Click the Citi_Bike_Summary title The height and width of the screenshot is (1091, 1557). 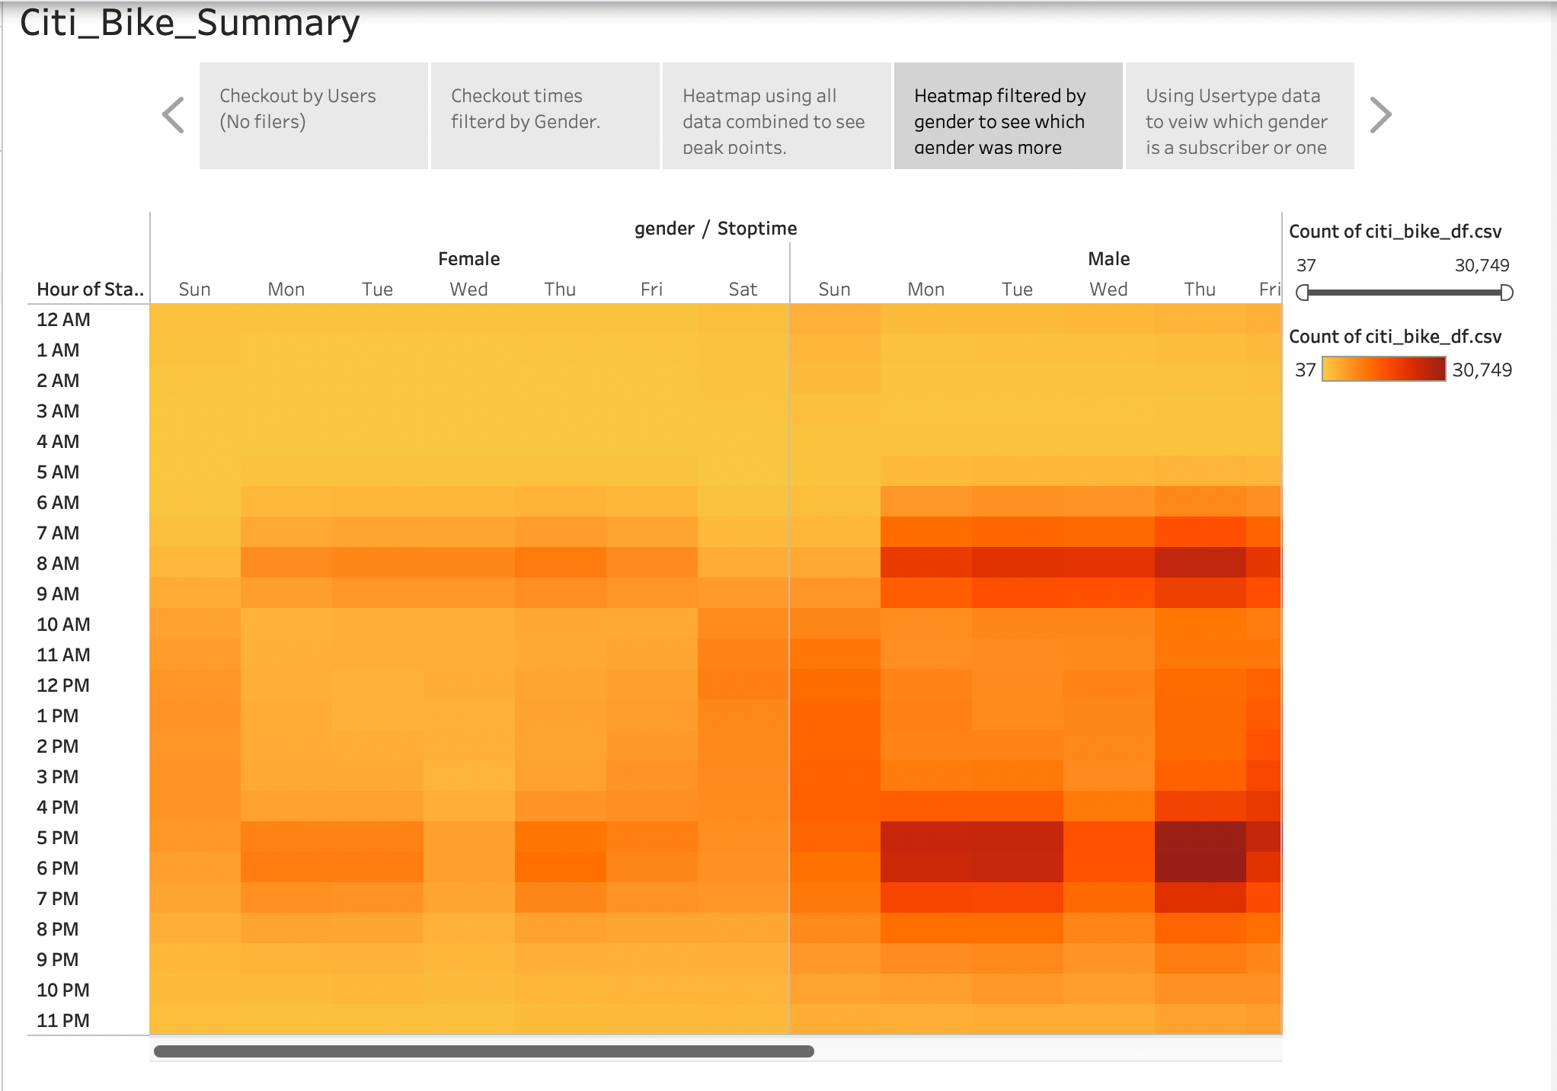(190, 23)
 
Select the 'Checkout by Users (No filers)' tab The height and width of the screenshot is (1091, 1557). (313, 116)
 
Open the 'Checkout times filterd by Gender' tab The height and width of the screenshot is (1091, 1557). (545, 116)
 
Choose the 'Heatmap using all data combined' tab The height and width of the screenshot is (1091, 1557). (776, 116)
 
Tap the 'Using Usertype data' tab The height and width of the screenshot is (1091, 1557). (1239, 116)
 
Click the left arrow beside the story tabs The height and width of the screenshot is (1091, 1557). (174, 115)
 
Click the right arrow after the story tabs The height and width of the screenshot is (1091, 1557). (1380, 115)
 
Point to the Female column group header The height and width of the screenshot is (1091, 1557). (468, 259)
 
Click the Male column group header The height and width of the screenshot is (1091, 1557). (1108, 259)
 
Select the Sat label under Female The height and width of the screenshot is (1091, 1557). (743, 290)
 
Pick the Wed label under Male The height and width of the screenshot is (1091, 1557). (1108, 290)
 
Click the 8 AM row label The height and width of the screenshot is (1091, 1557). (58, 564)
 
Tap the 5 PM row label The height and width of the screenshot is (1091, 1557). (58, 838)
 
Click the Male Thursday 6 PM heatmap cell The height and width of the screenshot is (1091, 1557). (1200, 868)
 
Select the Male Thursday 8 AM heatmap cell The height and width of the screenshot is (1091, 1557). (1200, 563)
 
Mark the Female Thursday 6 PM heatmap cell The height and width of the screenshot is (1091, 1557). (560, 868)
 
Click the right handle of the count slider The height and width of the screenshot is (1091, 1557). (1506, 293)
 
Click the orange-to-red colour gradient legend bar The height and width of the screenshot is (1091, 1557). (1383, 370)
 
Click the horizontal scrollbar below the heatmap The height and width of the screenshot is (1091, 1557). (484, 1051)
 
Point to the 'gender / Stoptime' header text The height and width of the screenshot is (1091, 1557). (715, 229)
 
